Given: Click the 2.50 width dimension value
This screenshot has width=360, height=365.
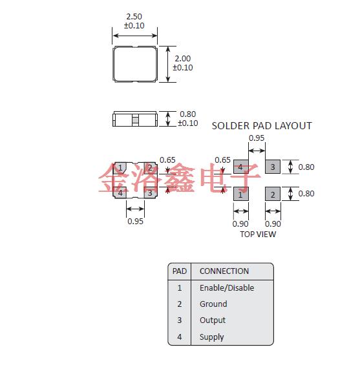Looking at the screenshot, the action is pos(134,17).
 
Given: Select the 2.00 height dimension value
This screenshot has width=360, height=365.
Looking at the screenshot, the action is pos(182,58).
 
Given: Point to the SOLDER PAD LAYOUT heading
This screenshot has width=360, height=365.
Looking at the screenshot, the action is pos(262,126).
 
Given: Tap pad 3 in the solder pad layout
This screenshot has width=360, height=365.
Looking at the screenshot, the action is pos(273,167).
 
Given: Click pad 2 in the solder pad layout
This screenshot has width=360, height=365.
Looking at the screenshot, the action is pos(273,194).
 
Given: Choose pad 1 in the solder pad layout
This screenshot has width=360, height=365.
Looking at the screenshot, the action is pos(241,194).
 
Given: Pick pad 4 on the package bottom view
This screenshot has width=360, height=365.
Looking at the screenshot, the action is pos(120,193).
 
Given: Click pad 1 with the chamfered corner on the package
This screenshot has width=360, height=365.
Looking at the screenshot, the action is pos(120,168).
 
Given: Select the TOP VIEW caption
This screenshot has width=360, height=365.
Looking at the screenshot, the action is pos(258,234).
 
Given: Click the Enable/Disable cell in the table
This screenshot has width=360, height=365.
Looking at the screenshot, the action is pos(227,288).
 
